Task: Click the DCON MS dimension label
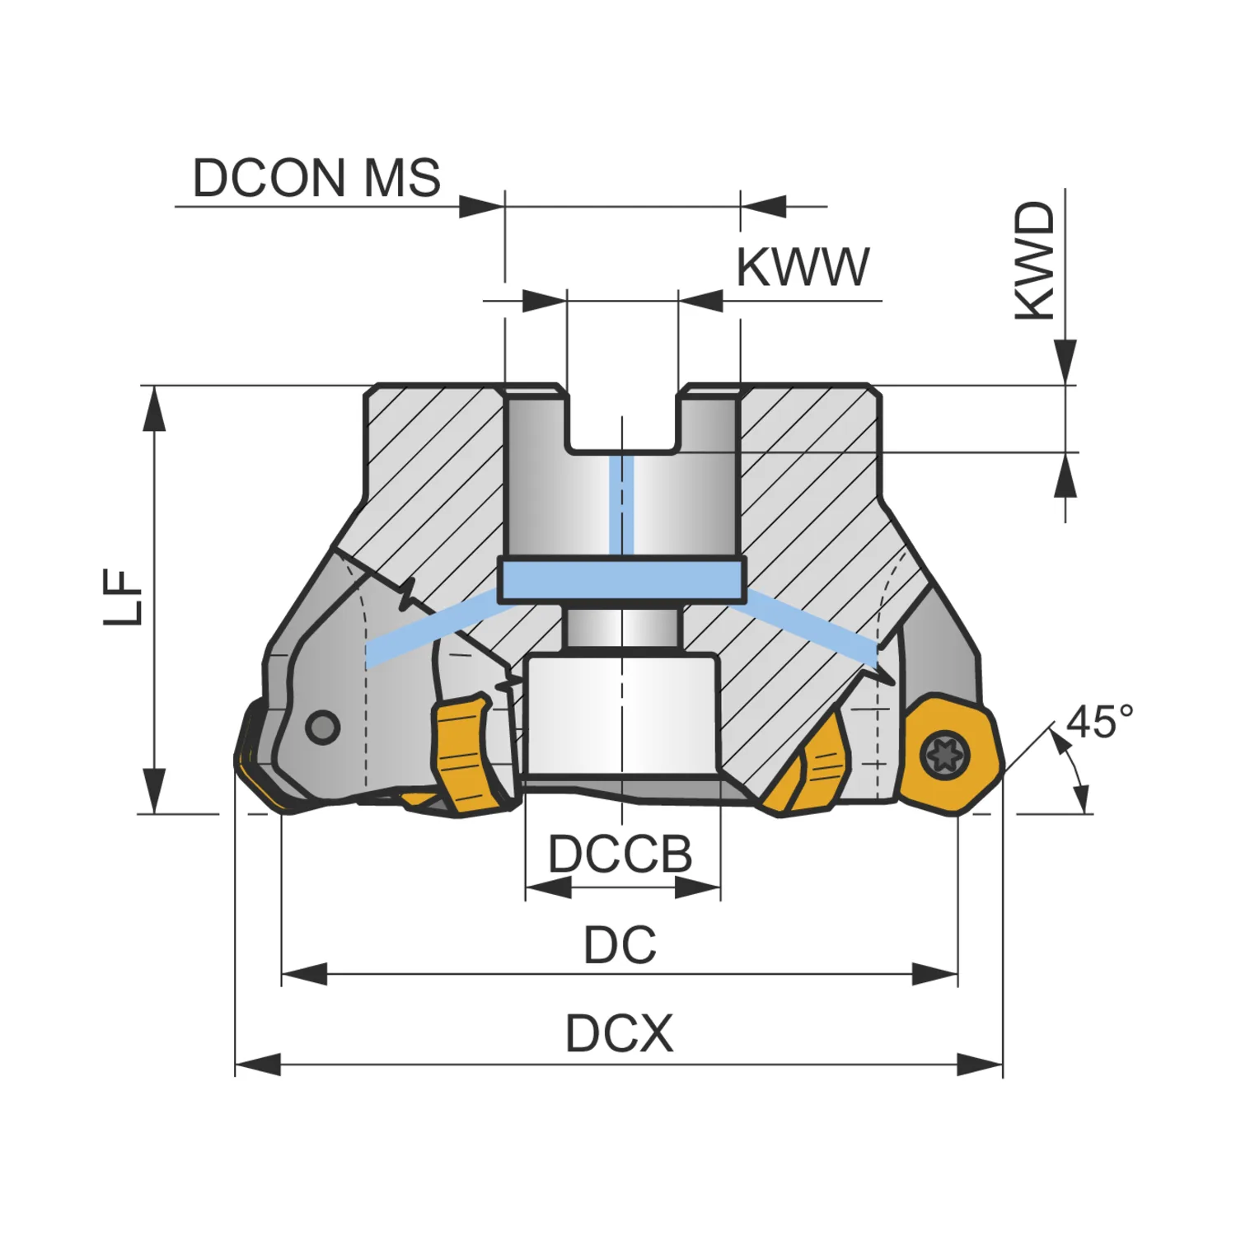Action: pyautogui.click(x=316, y=178)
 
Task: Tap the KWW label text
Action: pyautogui.click(x=803, y=267)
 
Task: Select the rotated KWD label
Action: pyautogui.click(x=1035, y=261)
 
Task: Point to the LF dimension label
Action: pyautogui.click(x=124, y=597)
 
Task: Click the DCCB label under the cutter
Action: pyautogui.click(x=620, y=854)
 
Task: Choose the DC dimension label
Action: pyautogui.click(x=620, y=945)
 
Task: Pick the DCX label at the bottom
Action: pyautogui.click(x=620, y=1033)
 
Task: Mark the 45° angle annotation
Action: pyautogui.click(x=1099, y=722)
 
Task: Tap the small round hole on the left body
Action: pyautogui.click(x=322, y=727)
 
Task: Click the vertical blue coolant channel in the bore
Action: pyautogui.click(x=621, y=504)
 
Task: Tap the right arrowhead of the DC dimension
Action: pyautogui.click(x=935, y=975)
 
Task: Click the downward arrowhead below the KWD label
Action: pyautogui.click(x=1065, y=363)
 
